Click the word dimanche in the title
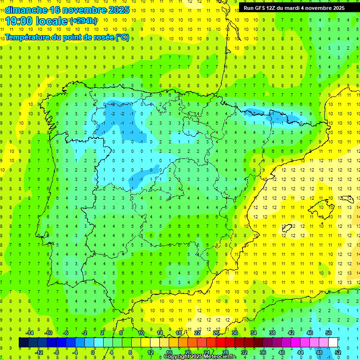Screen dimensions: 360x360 (26, 10)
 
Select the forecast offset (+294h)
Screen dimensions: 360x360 (83, 21)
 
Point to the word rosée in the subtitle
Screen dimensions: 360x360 (103, 37)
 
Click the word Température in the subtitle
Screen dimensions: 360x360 (28, 37)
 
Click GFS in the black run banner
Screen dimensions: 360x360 (262, 8)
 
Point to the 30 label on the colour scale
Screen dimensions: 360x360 (235, 333)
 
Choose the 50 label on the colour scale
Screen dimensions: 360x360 (329, 333)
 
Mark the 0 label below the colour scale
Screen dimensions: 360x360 (93, 352)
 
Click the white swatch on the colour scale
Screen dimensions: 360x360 (333, 343)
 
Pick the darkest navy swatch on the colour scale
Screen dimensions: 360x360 (24, 343)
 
